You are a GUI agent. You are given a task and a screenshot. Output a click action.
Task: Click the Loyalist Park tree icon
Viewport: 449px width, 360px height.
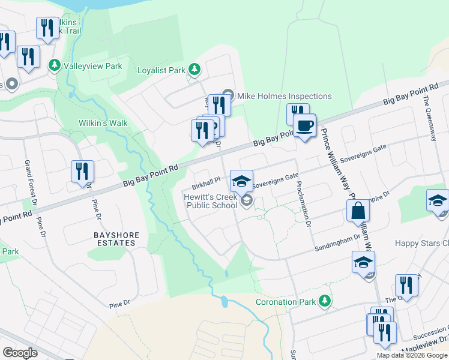click(x=194, y=70)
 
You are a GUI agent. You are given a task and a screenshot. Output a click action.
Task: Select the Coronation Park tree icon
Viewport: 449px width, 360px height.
click(x=325, y=300)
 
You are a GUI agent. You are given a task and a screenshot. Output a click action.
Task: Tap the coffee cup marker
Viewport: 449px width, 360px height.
click(x=304, y=125)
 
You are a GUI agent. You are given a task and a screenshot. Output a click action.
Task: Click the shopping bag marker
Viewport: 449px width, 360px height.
click(x=358, y=211)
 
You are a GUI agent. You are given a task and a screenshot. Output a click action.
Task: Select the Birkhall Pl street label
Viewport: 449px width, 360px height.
click(x=206, y=179)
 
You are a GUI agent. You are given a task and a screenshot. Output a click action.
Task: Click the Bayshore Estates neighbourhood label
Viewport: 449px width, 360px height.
click(x=114, y=239)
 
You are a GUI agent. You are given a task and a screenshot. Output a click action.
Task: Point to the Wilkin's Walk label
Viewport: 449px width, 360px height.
click(x=103, y=123)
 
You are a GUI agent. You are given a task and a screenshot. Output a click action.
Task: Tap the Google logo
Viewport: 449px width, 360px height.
click(x=20, y=353)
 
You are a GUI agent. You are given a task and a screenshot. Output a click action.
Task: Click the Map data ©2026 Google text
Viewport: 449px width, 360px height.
click(x=411, y=355)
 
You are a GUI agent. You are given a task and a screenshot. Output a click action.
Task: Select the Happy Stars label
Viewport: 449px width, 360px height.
click(x=421, y=243)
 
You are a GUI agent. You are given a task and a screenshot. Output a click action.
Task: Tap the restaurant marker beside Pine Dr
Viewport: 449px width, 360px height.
click(x=82, y=171)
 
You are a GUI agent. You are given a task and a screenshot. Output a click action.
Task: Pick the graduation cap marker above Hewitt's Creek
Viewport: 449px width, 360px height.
click(x=241, y=181)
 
